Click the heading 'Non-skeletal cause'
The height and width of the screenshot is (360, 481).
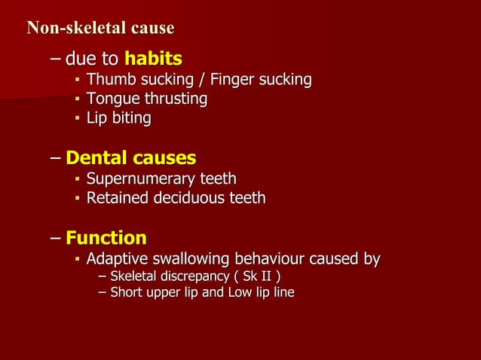(x=100, y=29)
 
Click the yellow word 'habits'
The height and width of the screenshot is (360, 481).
(x=153, y=58)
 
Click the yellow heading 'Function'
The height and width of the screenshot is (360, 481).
(x=106, y=238)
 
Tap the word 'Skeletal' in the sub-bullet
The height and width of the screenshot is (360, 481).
(x=136, y=277)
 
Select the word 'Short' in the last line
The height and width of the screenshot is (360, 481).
(x=126, y=292)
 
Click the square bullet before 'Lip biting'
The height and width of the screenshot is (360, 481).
(x=78, y=118)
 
